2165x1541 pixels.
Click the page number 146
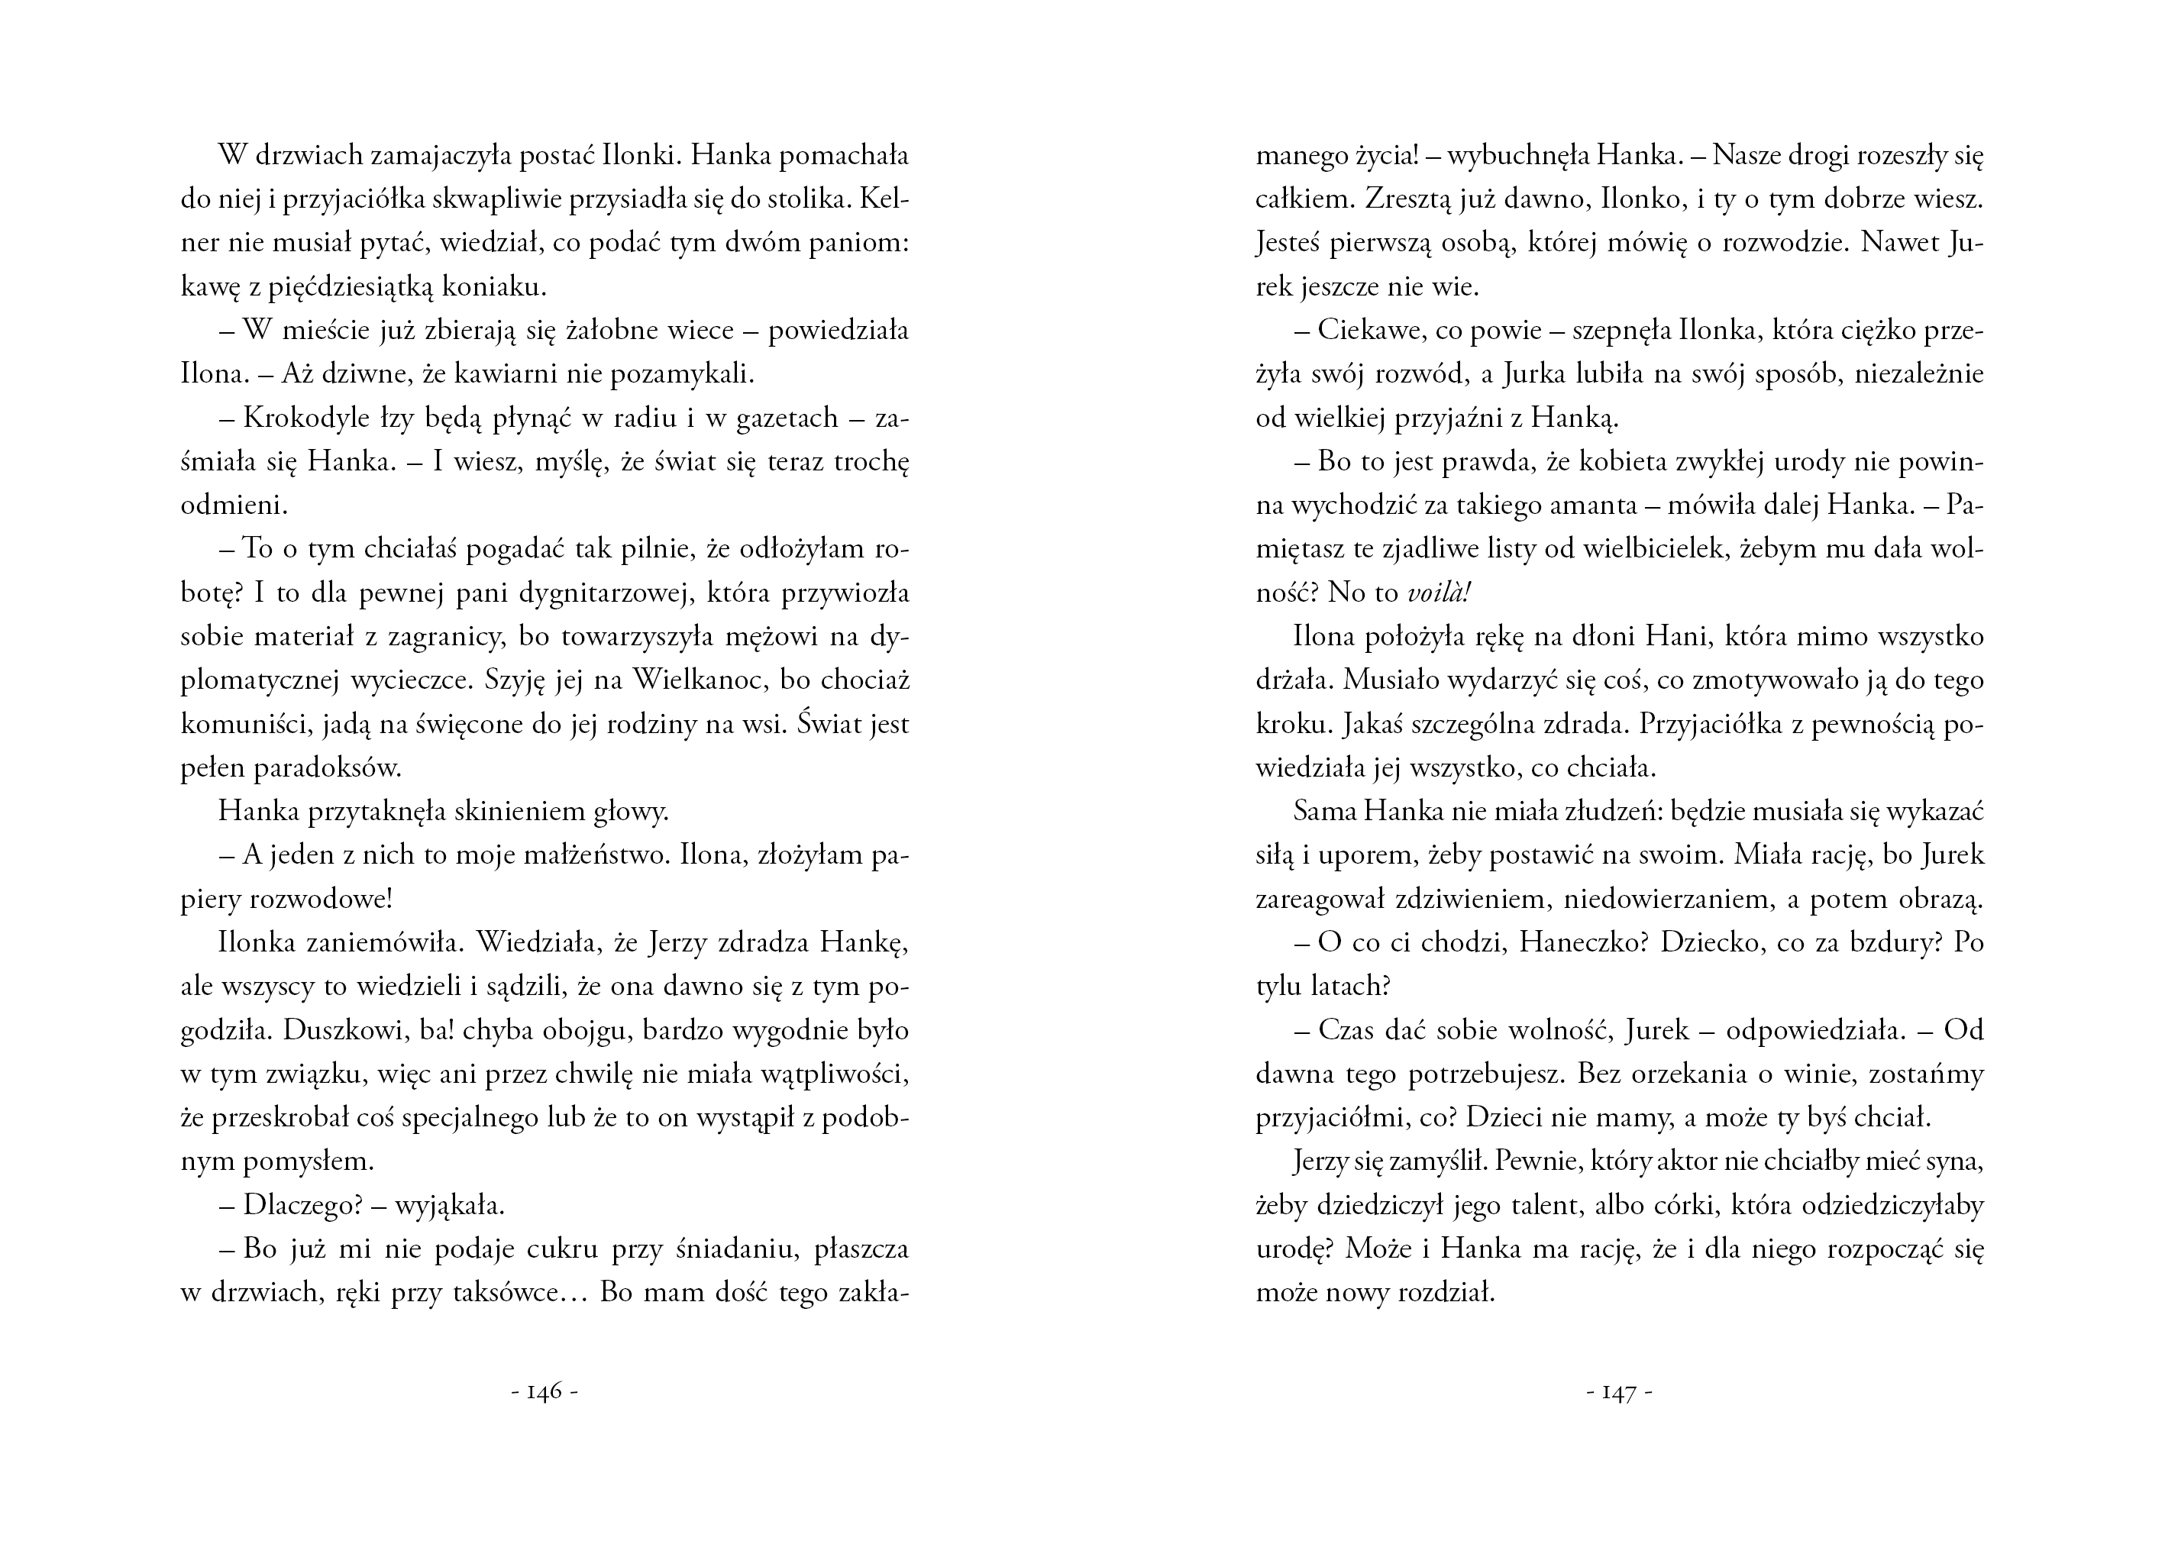pos(544,1392)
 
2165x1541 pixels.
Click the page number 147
pos(1620,1392)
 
